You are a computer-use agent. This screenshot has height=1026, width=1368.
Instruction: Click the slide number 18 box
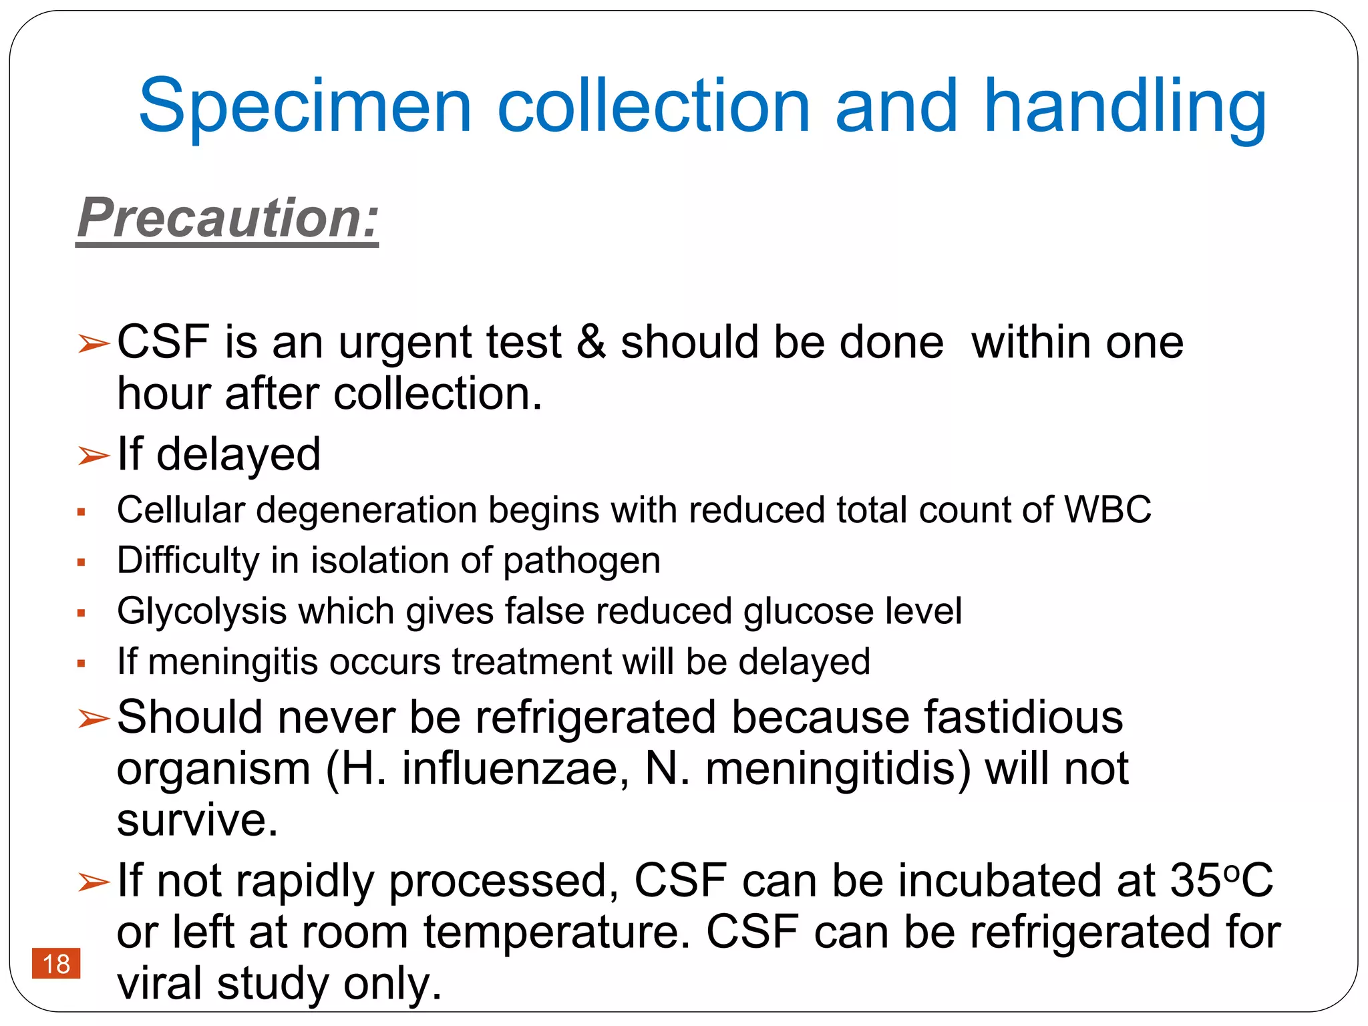(56, 963)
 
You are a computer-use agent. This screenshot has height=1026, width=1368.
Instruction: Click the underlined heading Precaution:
(228, 218)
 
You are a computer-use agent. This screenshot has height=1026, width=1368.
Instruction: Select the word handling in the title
(1125, 107)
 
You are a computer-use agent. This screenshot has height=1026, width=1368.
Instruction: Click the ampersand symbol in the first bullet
(590, 342)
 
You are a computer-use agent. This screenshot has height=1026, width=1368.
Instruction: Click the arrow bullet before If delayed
(93, 456)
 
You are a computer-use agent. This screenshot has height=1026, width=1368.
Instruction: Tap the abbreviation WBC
(1107, 510)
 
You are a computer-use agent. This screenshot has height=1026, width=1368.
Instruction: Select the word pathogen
(582, 561)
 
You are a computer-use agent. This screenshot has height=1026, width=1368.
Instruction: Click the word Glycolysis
(202, 611)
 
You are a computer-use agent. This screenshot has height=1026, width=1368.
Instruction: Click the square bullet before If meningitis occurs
(81, 663)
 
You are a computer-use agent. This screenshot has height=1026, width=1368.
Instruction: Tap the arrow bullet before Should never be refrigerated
(93, 719)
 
